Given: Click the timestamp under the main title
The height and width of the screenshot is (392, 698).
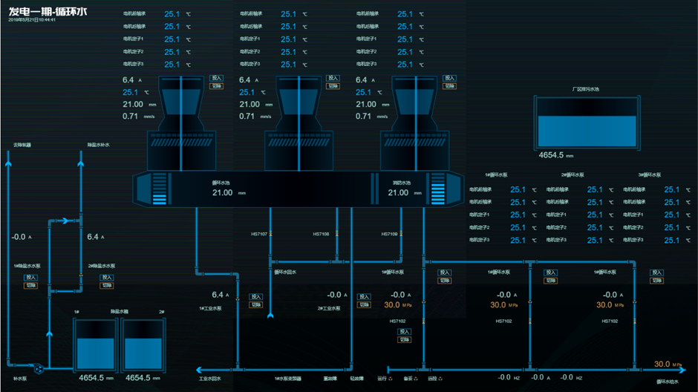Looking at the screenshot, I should (32, 20).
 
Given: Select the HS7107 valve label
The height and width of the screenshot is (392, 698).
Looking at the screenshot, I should (259, 234).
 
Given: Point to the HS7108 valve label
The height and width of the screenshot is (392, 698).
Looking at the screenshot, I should (321, 234).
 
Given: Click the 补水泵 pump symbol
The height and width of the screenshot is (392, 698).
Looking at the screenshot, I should (36, 367).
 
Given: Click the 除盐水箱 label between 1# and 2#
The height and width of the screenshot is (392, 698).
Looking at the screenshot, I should (120, 312).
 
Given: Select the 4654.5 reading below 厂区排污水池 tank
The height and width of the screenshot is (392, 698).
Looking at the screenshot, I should (554, 156).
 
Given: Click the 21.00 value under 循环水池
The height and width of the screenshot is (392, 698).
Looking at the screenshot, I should (222, 192).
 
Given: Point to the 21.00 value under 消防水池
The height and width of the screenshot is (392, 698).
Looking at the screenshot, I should (398, 192).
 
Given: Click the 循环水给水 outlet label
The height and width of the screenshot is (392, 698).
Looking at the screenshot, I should (668, 381).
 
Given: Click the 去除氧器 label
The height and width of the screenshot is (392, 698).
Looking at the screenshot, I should (22, 145).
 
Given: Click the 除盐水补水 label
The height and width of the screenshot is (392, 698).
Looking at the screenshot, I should (98, 145).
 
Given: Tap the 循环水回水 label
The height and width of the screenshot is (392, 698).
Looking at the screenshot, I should (285, 272).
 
